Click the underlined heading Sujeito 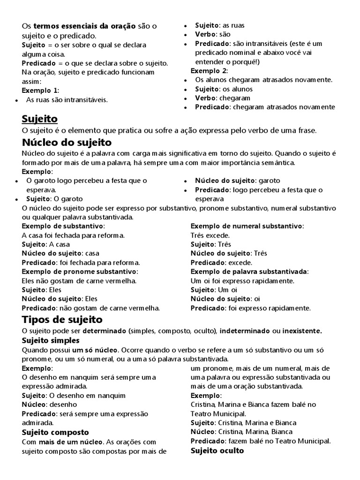(40, 119)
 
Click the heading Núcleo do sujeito (67, 142)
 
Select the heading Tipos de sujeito (62, 320)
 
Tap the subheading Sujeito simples (51, 341)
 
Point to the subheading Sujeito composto (55, 432)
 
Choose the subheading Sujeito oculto (217, 450)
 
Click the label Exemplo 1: (41, 90)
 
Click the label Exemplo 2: (209, 71)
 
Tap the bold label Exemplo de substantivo (62, 226)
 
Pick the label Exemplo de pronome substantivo (80, 272)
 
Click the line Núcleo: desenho (49, 405)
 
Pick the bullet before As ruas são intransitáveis (17, 100)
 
